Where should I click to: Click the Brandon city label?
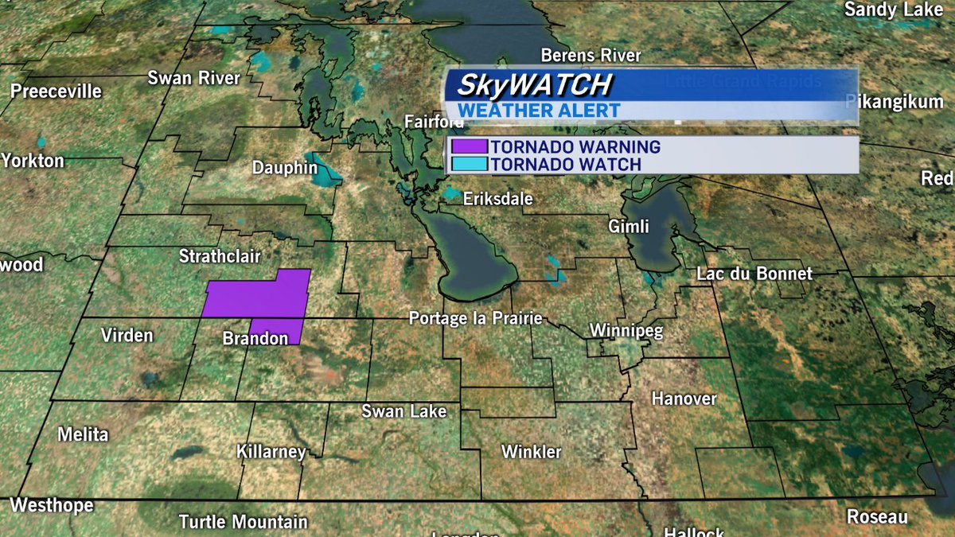(x=255, y=340)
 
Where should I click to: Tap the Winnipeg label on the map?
(x=626, y=330)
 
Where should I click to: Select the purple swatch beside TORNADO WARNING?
(x=469, y=147)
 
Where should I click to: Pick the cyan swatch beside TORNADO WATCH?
(x=469, y=165)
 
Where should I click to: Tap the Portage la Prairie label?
(x=475, y=318)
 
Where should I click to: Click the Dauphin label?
(x=284, y=169)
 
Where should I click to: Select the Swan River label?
(x=193, y=78)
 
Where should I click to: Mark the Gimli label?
(x=629, y=227)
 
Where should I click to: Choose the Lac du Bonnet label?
(x=754, y=274)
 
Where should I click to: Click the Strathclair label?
(x=219, y=256)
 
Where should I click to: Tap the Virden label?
(x=127, y=335)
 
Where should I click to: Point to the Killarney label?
(x=271, y=452)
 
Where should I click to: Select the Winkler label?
(x=531, y=452)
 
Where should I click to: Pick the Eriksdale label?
(x=497, y=199)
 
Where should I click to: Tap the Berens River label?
(x=591, y=56)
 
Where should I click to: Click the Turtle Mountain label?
(x=243, y=522)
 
